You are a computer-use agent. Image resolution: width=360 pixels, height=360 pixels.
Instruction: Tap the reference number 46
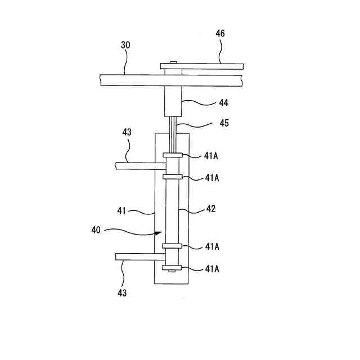pos(220,33)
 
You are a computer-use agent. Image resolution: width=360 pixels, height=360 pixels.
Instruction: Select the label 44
pos(223,103)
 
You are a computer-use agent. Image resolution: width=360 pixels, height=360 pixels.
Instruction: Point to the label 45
pos(223,124)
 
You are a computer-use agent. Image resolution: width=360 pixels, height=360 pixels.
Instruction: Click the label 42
pos(210,208)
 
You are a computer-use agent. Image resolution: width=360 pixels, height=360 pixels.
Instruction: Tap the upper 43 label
pos(127,132)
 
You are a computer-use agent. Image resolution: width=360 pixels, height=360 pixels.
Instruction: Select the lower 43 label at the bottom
pos(122,292)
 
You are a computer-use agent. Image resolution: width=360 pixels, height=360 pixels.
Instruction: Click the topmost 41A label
pos(212,156)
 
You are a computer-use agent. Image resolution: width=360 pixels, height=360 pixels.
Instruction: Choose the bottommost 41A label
pos(212,269)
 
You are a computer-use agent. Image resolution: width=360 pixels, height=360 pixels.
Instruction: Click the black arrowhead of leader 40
pos(159,233)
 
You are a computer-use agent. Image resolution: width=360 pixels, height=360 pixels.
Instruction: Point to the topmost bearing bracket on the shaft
pos(172,155)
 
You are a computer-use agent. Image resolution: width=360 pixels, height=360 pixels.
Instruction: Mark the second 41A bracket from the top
pos(172,176)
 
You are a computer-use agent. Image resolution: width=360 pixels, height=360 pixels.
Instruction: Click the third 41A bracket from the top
pos(172,246)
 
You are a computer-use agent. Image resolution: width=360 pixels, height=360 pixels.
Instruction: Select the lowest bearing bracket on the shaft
pos(172,267)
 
